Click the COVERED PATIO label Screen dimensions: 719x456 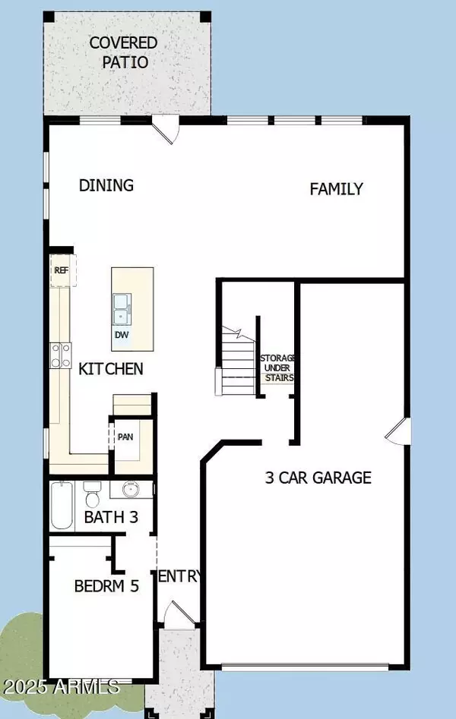click(x=123, y=52)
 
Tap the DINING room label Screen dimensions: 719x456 click(x=106, y=185)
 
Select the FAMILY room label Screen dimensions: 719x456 click(x=336, y=189)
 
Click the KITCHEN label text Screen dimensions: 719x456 click(x=111, y=369)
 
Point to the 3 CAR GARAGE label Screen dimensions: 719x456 click(x=318, y=478)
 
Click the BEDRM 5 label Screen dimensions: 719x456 click(x=106, y=586)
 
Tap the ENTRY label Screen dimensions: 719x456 click(x=179, y=577)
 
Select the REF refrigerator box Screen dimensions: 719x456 click(x=61, y=270)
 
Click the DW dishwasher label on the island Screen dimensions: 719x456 click(x=122, y=335)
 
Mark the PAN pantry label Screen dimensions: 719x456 click(x=125, y=438)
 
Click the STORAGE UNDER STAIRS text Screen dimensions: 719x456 click(x=277, y=367)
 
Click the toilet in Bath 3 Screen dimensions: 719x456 click(x=93, y=494)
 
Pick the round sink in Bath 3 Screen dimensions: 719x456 click(x=131, y=490)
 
